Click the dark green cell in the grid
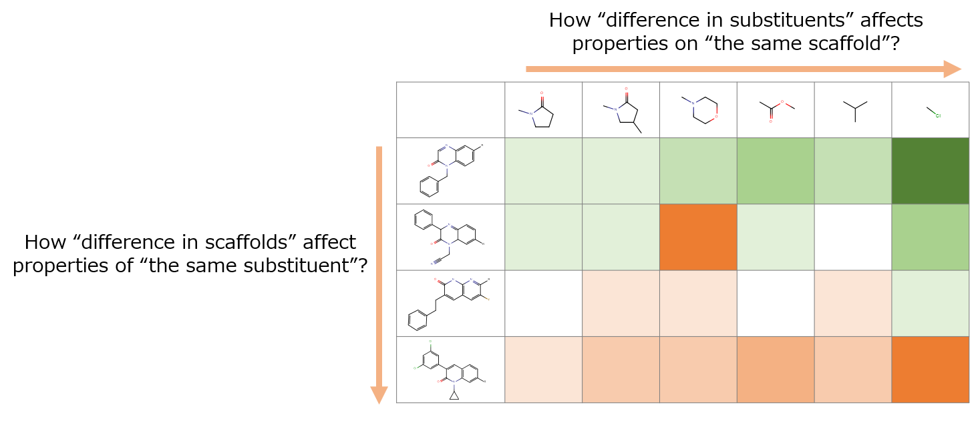(x=930, y=171)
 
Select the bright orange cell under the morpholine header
(x=698, y=237)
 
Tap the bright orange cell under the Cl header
(x=930, y=370)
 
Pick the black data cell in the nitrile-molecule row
(x=852, y=237)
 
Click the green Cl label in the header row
(x=937, y=115)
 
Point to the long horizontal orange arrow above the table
(x=735, y=69)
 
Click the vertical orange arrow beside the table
(x=379, y=267)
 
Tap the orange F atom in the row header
(x=488, y=299)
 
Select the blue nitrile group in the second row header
(x=434, y=262)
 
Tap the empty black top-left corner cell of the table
(x=450, y=110)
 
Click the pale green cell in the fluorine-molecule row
(x=930, y=303)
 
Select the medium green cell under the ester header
(x=775, y=171)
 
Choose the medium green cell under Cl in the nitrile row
(x=930, y=237)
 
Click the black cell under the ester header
(x=775, y=303)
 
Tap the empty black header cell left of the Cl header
(x=852, y=110)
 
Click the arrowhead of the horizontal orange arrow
(x=953, y=69)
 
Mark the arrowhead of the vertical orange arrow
(x=379, y=395)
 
